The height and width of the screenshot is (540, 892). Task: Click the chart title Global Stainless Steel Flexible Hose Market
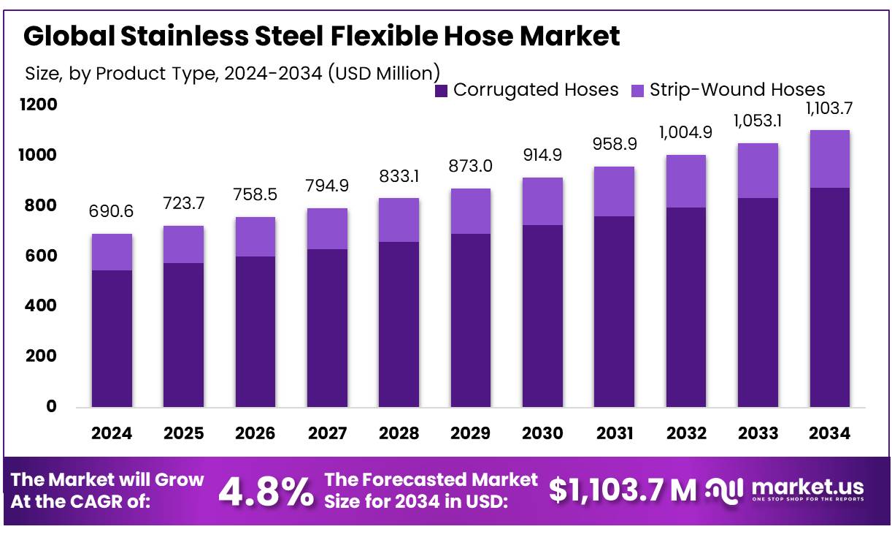pyautogui.click(x=322, y=36)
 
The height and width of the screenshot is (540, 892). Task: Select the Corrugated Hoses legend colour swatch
pyautogui.click(x=441, y=91)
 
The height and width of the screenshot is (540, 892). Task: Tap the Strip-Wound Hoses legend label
pyautogui.click(x=737, y=90)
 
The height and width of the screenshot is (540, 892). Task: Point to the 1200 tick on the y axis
pyautogui.click(x=42, y=105)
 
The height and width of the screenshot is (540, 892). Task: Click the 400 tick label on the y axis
pyautogui.click(x=42, y=306)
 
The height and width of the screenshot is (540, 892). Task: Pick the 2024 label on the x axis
pyautogui.click(x=112, y=433)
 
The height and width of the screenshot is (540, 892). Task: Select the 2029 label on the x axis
pyautogui.click(x=471, y=433)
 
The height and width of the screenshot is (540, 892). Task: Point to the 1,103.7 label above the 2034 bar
pyautogui.click(x=830, y=109)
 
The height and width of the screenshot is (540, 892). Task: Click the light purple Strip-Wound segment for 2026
pyautogui.click(x=255, y=237)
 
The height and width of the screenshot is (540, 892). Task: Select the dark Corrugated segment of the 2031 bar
pyautogui.click(x=615, y=311)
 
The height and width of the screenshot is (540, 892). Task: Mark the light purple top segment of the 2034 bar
pyautogui.click(x=830, y=159)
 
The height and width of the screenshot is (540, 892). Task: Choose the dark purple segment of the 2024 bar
pyautogui.click(x=112, y=338)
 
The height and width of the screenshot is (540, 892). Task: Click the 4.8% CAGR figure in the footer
pyautogui.click(x=266, y=492)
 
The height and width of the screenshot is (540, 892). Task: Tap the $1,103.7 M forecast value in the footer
pyautogui.click(x=623, y=490)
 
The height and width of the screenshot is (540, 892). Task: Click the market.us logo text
pyautogui.click(x=807, y=487)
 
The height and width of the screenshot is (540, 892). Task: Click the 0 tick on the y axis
pyautogui.click(x=51, y=407)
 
